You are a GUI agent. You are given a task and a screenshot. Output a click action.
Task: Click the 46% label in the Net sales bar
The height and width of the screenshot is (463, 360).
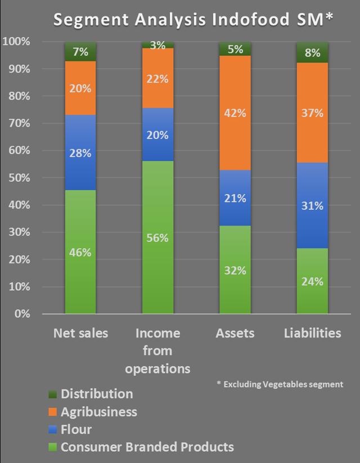click(80, 253)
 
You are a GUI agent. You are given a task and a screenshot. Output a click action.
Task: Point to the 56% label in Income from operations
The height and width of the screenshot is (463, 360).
click(157, 238)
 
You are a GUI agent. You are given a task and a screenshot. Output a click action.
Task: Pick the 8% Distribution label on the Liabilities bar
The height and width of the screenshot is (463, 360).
click(312, 53)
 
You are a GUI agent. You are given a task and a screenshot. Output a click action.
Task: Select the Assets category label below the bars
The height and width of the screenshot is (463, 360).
click(235, 333)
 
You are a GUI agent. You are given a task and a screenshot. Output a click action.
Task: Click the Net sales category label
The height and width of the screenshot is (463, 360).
click(80, 333)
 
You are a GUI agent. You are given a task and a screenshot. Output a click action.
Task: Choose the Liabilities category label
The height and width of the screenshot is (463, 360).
click(312, 333)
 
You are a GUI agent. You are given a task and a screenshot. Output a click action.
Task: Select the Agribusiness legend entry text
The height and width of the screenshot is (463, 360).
click(98, 412)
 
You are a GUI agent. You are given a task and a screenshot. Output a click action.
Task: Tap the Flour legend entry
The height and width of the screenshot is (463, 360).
click(76, 430)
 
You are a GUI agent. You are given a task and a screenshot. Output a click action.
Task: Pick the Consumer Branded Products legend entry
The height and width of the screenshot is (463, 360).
click(147, 447)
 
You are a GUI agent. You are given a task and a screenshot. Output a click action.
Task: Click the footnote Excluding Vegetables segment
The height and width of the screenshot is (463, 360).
click(280, 384)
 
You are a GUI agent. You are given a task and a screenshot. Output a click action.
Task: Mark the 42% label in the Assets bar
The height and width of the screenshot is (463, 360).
click(235, 113)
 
